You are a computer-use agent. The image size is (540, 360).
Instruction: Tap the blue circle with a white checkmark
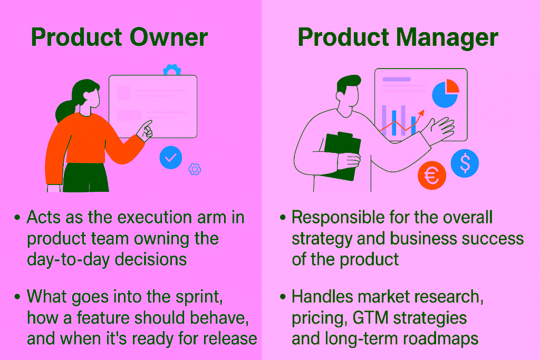tap(170, 158)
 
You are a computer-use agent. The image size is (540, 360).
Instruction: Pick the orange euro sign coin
tap(431, 176)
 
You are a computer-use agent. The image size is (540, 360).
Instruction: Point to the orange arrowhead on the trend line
tap(421, 113)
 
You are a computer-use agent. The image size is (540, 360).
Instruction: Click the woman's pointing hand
tap(145, 129)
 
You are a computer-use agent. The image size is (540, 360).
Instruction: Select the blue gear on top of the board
tap(171, 71)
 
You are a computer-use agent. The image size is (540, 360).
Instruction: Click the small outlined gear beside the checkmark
tap(195, 169)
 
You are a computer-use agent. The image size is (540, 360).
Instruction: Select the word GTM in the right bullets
tap(373, 318)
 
